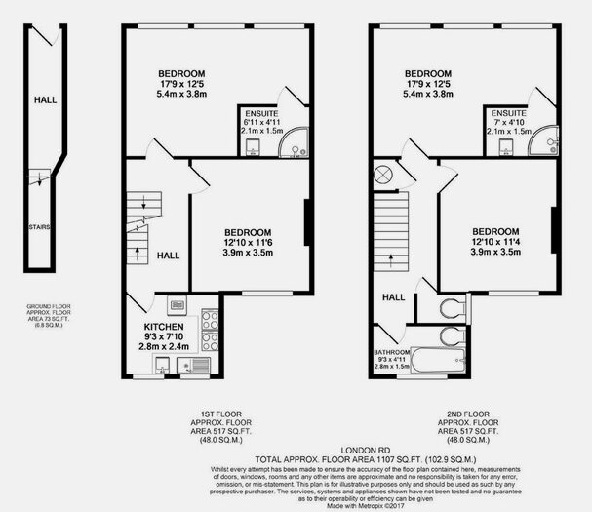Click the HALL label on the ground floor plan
click(45, 99)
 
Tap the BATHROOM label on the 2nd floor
click(393, 352)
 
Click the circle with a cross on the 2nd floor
click(383, 175)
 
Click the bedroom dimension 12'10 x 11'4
click(495, 242)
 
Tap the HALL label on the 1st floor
click(167, 255)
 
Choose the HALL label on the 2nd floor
click(393, 297)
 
